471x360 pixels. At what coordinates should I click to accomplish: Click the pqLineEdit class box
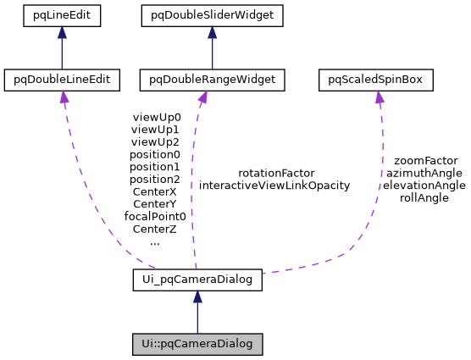[63, 14]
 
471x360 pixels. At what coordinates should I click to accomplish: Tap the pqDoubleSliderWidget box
[212, 14]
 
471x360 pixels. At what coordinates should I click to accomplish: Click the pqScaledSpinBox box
[376, 80]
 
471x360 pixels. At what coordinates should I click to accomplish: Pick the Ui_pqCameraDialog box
[197, 279]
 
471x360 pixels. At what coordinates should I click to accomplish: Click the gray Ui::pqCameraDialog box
[197, 344]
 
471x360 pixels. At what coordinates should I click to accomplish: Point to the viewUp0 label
[155, 118]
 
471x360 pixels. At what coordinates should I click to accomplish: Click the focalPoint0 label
[155, 216]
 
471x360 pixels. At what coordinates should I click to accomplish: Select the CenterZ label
[155, 229]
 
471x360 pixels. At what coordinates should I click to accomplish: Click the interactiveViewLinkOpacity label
[274, 186]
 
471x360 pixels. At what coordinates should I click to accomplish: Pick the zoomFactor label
[425, 160]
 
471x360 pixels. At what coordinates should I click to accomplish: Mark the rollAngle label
[424, 197]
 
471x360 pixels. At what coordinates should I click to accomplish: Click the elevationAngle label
[424, 185]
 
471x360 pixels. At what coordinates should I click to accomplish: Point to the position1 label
[155, 167]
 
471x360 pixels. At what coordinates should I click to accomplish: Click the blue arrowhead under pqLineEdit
[63, 32]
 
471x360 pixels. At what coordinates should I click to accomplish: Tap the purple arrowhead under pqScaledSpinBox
[379, 97]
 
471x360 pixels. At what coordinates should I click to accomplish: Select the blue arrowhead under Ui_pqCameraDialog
[197, 296]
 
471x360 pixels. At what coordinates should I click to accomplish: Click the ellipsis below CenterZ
[155, 241]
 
